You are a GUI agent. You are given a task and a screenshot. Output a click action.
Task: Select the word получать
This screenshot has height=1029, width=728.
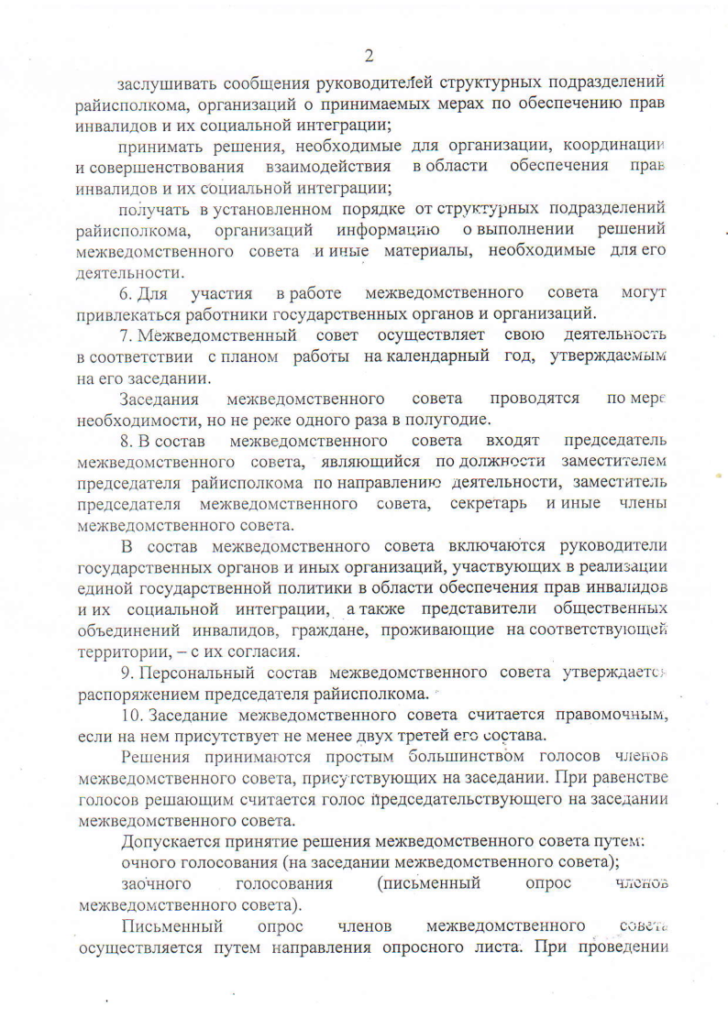(154, 210)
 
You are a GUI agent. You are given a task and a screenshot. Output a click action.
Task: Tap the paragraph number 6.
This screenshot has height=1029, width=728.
(127, 293)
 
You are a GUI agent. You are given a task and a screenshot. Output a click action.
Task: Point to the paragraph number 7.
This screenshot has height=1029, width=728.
(127, 335)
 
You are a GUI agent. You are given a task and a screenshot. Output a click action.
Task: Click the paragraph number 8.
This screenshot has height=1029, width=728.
(127, 442)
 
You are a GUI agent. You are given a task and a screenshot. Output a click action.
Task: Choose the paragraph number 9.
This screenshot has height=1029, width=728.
(127, 673)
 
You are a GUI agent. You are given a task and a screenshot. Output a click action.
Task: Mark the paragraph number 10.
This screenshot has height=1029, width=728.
(131, 716)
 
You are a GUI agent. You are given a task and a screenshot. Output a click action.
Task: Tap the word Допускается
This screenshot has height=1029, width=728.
(170, 841)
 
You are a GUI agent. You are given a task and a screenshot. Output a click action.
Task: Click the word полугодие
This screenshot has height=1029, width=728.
(450, 421)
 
